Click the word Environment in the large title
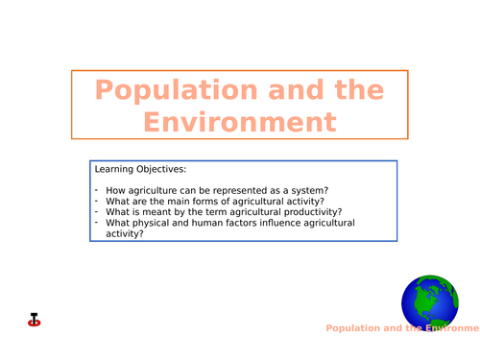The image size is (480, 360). [240, 123]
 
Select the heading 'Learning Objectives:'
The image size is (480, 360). [140, 170]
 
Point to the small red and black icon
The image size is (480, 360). [36, 320]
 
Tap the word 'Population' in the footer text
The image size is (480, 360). [358, 328]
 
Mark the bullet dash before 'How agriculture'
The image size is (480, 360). [96, 189]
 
